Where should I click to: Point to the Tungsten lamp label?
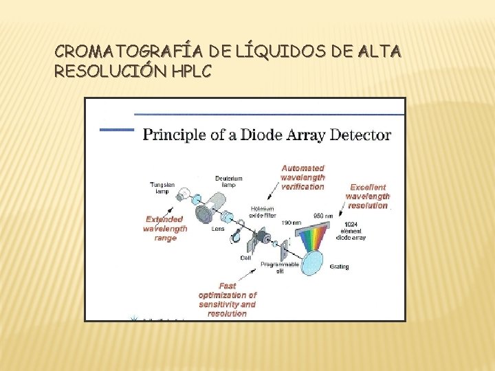click(x=163, y=188)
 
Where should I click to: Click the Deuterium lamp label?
click(x=228, y=182)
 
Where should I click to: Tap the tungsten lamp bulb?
click(x=182, y=196)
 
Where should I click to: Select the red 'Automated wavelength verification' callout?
click(x=302, y=177)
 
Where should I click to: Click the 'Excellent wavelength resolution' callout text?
click(x=367, y=196)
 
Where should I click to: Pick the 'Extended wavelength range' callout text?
click(x=165, y=228)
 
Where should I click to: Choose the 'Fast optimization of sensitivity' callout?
click(x=227, y=300)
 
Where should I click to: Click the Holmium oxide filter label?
click(x=263, y=212)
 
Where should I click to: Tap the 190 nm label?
click(x=290, y=223)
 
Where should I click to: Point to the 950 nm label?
click(x=323, y=216)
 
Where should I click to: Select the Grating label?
click(x=339, y=267)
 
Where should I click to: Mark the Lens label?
click(x=219, y=229)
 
